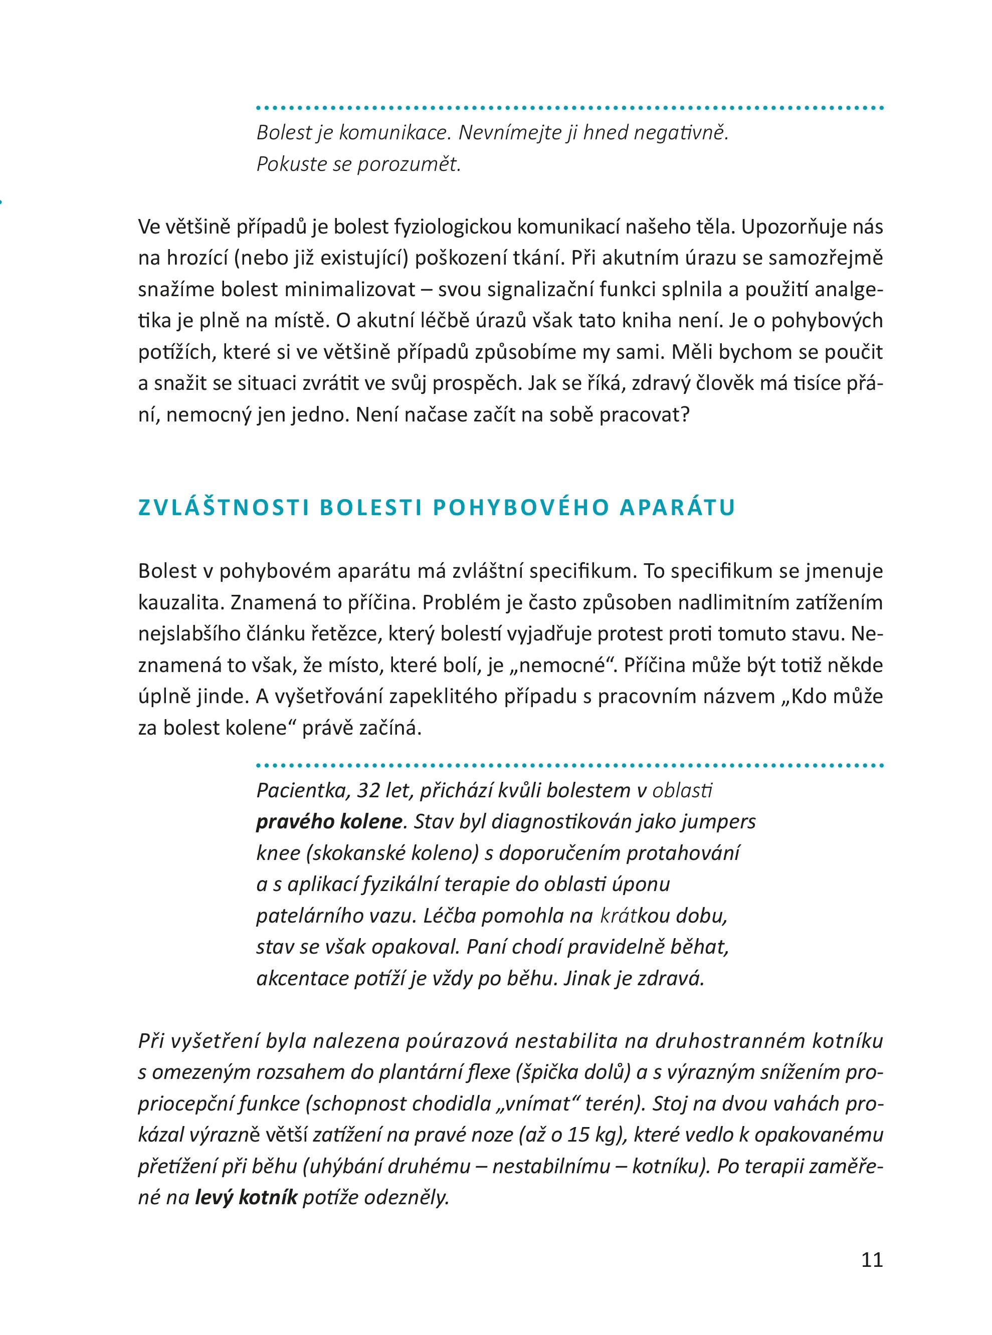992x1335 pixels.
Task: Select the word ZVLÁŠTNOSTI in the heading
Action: point(224,508)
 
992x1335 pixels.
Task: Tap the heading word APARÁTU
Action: point(677,508)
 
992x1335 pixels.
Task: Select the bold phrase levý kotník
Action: point(246,1198)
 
